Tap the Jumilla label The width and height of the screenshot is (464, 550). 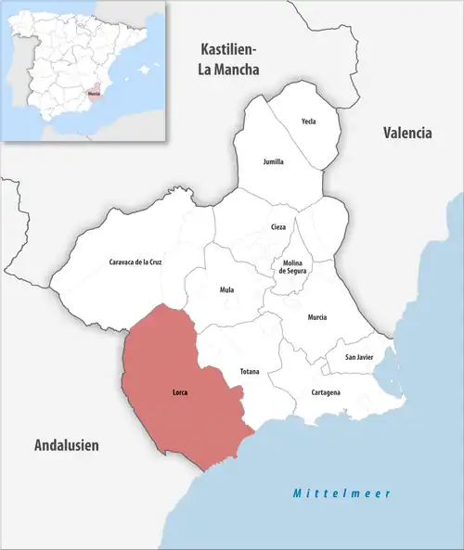(274, 161)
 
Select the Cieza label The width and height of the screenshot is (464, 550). (278, 227)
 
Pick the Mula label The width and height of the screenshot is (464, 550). (226, 290)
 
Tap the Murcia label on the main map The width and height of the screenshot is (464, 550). (318, 317)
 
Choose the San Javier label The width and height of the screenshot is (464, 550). (360, 357)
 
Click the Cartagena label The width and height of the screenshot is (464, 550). (324, 392)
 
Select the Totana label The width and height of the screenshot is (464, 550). (250, 372)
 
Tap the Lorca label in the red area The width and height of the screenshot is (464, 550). (180, 392)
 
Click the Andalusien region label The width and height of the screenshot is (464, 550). (67, 446)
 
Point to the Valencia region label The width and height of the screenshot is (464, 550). (407, 133)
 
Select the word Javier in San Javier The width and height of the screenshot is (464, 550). (366, 357)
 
